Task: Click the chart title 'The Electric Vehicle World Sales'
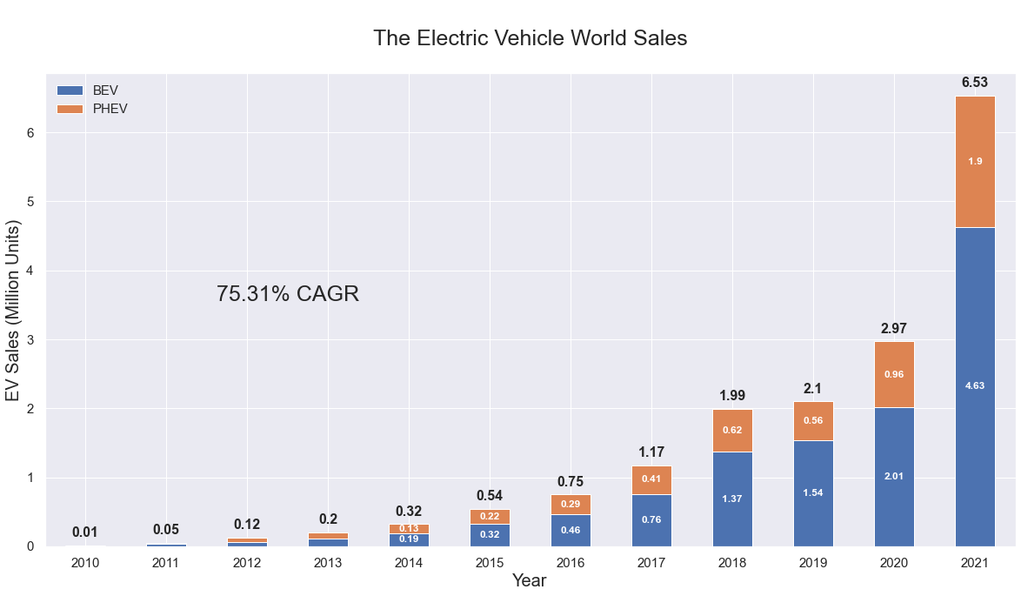530,38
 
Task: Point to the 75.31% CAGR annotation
287,294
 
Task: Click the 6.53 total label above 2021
974,83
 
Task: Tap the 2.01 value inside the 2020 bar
893,476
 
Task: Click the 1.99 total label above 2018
731,396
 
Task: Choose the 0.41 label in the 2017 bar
651,479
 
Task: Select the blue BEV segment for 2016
571,531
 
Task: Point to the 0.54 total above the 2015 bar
490,496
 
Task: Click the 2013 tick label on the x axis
328,563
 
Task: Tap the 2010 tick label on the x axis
85,563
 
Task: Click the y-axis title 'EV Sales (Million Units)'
13,311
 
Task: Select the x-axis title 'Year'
529,581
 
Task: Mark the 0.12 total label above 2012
247,525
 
